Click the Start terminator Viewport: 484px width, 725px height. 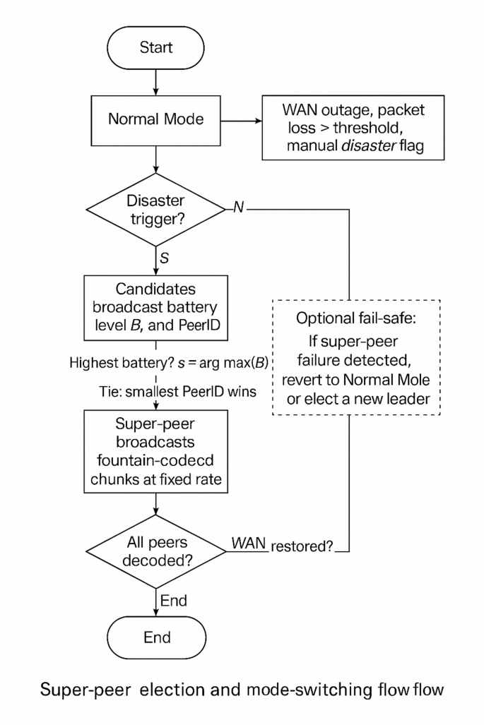point(156,48)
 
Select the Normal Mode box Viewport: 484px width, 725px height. point(156,119)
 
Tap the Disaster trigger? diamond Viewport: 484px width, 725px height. point(156,210)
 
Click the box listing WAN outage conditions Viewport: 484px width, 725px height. point(349,129)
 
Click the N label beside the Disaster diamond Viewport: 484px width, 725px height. point(239,209)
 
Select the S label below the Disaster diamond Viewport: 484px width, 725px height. point(164,258)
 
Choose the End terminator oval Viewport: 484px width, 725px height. point(156,637)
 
